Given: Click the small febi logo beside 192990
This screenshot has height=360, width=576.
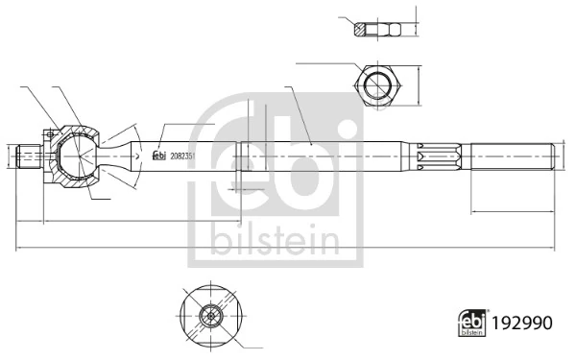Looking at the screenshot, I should (470, 325).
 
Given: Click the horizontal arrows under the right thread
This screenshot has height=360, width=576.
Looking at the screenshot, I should (512, 209).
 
